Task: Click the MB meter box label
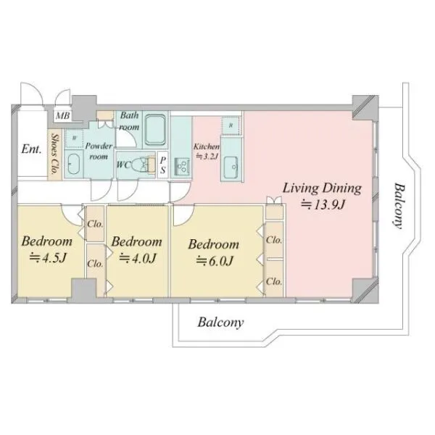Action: coord(62,115)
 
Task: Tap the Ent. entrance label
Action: coord(31,149)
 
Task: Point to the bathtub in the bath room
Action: coord(156,130)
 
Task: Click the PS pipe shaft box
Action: coord(162,165)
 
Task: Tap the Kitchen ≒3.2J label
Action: coord(207,152)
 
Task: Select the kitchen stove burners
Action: coord(182,167)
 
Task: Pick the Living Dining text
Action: coord(322,188)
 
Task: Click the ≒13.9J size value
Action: coord(323,205)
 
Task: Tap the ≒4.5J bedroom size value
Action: coord(48,258)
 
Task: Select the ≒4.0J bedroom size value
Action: coord(138,258)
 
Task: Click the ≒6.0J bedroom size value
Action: coord(215,261)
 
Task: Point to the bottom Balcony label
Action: coord(220,323)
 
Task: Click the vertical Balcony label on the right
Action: coord(399,206)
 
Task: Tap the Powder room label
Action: coord(99,151)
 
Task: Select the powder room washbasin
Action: coord(73,165)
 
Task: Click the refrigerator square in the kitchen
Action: coord(231,125)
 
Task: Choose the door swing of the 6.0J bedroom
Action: coord(183,215)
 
